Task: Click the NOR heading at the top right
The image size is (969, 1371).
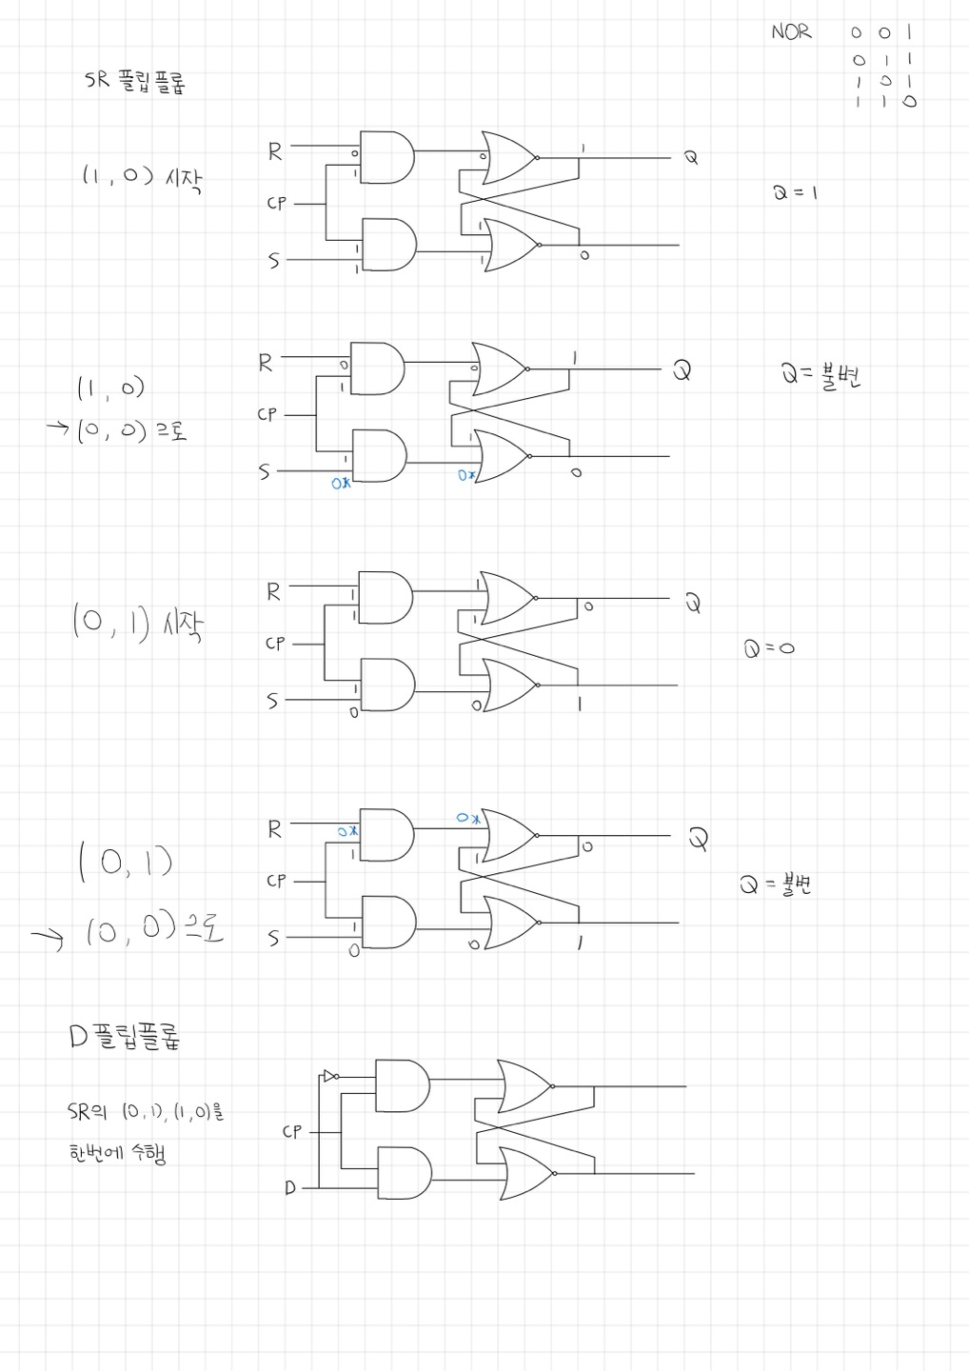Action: (x=791, y=31)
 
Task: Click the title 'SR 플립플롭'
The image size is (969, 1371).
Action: (x=134, y=82)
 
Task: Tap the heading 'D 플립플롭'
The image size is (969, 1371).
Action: (x=125, y=1036)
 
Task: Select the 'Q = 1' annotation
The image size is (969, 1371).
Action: (x=795, y=192)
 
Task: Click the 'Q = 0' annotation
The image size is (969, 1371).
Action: (x=769, y=648)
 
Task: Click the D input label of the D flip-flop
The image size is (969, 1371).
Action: (x=290, y=1187)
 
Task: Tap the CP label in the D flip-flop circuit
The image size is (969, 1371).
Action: (x=291, y=1131)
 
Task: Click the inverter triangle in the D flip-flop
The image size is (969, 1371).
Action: (x=329, y=1077)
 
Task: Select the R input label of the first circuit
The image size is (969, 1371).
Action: (x=274, y=151)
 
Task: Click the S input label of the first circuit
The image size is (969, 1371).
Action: (x=274, y=260)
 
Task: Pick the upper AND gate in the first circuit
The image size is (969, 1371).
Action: (x=387, y=157)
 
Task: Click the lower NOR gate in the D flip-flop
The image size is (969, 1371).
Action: (x=525, y=1173)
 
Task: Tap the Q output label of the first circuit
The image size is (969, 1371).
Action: (x=691, y=158)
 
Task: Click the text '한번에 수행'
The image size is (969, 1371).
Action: (x=117, y=1154)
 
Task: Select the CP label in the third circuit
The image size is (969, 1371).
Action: (x=275, y=644)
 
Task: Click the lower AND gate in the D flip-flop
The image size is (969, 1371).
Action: (x=404, y=1172)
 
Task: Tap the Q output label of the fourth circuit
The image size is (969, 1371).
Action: (x=699, y=839)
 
